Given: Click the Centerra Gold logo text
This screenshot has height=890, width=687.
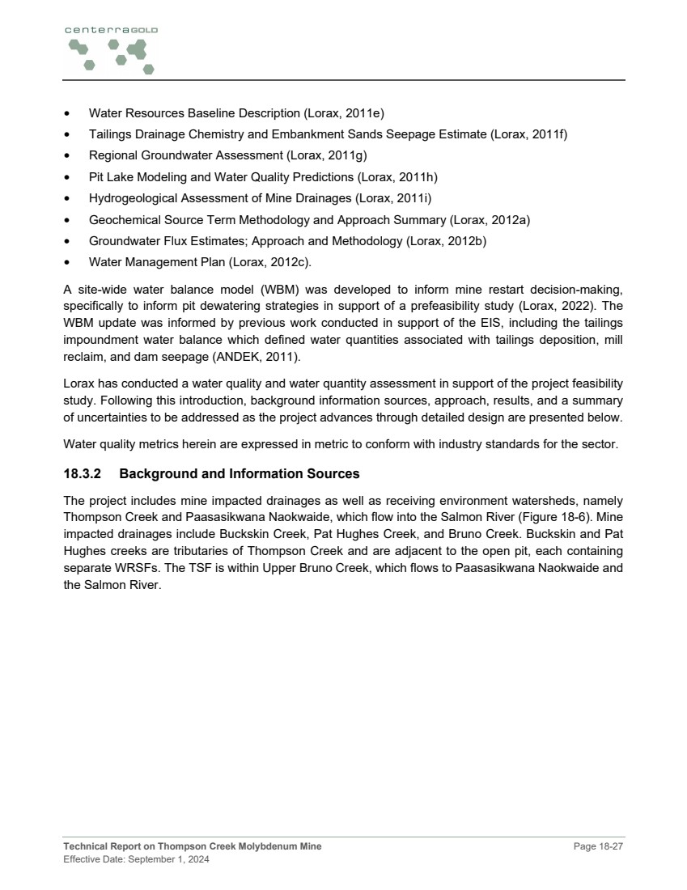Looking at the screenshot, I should pyautogui.click(x=111, y=30).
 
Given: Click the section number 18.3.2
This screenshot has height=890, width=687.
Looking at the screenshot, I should pyautogui.click(x=83, y=473).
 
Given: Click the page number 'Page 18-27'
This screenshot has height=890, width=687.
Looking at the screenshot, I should pyautogui.click(x=599, y=847).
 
